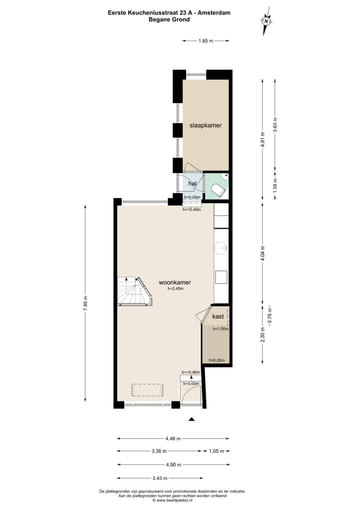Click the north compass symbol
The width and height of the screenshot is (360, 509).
coord(266,21)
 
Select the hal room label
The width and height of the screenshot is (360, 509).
coord(192,184)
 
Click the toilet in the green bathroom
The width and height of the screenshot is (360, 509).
coord(218,190)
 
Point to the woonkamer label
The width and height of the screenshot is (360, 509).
coord(174,282)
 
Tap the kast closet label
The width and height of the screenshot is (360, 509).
coord(218,316)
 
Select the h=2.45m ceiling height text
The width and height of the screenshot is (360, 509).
coord(175,288)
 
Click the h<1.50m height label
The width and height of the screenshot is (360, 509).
coord(220,329)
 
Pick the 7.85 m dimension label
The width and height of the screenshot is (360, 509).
coord(85,303)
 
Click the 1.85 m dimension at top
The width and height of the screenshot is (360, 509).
coord(205,40)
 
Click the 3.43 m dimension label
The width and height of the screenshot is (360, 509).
coord(159,478)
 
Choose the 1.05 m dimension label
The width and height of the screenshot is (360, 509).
coord(214,451)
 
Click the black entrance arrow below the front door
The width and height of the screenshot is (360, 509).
coord(191,419)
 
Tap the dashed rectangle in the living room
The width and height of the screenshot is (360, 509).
coord(147,389)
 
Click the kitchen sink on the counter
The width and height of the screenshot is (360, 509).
coord(221,246)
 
